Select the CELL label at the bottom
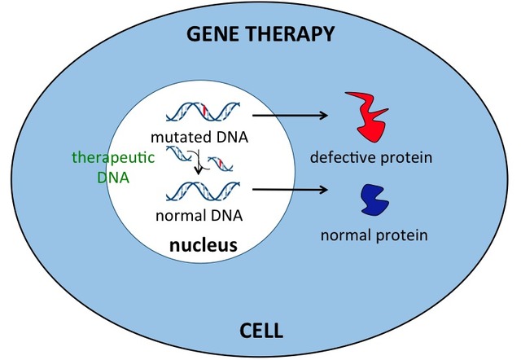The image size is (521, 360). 263,331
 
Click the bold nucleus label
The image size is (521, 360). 203,243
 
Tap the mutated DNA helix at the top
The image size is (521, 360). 204,112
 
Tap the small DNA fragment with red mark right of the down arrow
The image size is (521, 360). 221,166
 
